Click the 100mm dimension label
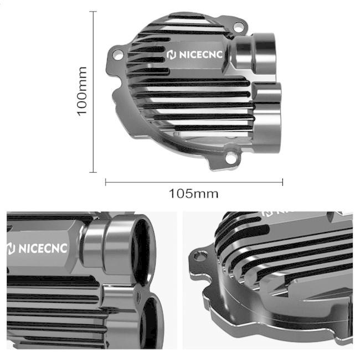tap(82, 91)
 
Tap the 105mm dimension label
tap(193, 194)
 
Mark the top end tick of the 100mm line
tap(93, 11)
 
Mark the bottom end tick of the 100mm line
tap(93, 172)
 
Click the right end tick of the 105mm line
tap(282, 181)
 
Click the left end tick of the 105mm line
tap(105, 181)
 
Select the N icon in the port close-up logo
tap(11, 249)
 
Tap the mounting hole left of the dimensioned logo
tap(117, 54)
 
